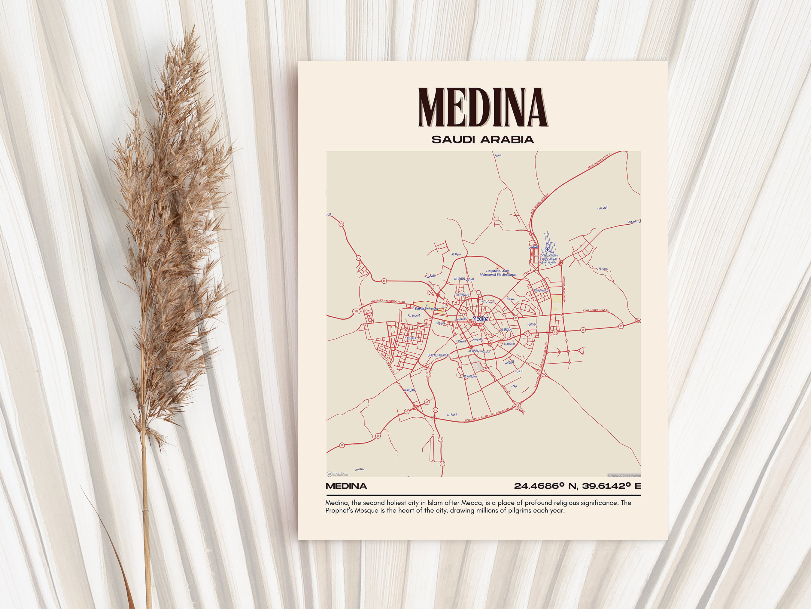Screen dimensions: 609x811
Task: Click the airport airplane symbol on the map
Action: pyautogui.click(x=547, y=250)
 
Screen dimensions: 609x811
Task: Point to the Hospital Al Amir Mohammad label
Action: pyautogui.click(x=497, y=273)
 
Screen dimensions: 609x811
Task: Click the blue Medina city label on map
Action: pyautogui.click(x=480, y=318)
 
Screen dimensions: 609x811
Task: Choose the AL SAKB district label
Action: pyautogui.click(x=452, y=415)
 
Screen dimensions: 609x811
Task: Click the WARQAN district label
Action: pyautogui.click(x=409, y=390)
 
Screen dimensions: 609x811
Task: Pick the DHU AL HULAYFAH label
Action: pyautogui.click(x=439, y=355)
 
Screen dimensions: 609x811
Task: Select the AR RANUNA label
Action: pyautogui.click(x=470, y=376)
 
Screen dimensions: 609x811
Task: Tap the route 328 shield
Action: pyautogui.click(x=356, y=311)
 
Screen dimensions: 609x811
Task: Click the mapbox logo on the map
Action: pyautogui.click(x=338, y=474)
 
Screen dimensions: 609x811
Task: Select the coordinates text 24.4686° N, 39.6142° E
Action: pyautogui.click(x=577, y=486)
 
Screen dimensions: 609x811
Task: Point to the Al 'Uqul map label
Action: pyautogui.click(x=603, y=269)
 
